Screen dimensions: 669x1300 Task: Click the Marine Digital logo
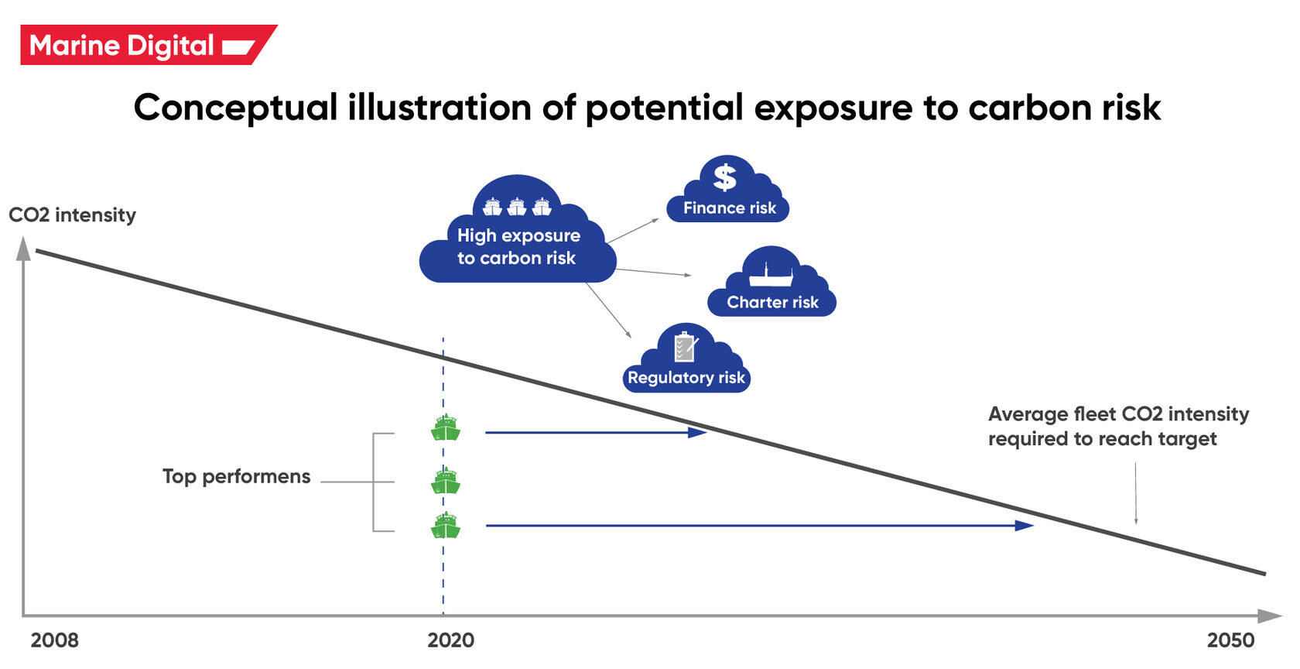(147, 45)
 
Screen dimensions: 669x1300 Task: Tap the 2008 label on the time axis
(54, 640)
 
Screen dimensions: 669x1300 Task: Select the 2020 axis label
(450, 640)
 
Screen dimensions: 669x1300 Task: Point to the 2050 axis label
(1230, 640)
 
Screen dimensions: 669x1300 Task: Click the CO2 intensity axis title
(72, 214)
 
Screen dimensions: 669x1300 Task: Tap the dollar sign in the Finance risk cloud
(725, 177)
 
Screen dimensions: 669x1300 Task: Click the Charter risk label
(772, 302)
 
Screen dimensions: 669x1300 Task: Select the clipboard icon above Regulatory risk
(685, 347)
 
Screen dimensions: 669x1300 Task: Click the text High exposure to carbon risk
(518, 246)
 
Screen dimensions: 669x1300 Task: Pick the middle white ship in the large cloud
(517, 207)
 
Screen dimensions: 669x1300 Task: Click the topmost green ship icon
(446, 427)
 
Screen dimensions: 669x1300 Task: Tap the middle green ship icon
(446, 481)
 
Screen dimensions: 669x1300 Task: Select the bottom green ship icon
(446, 526)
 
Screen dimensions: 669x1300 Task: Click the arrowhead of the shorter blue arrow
(698, 433)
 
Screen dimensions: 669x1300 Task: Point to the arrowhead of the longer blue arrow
(1025, 526)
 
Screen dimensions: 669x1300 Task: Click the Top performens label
(236, 476)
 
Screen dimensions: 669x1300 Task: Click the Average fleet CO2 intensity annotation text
(1117, 426)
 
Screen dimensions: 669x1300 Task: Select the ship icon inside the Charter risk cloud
(771, 275)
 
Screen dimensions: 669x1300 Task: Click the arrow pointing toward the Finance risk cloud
(633, 231)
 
